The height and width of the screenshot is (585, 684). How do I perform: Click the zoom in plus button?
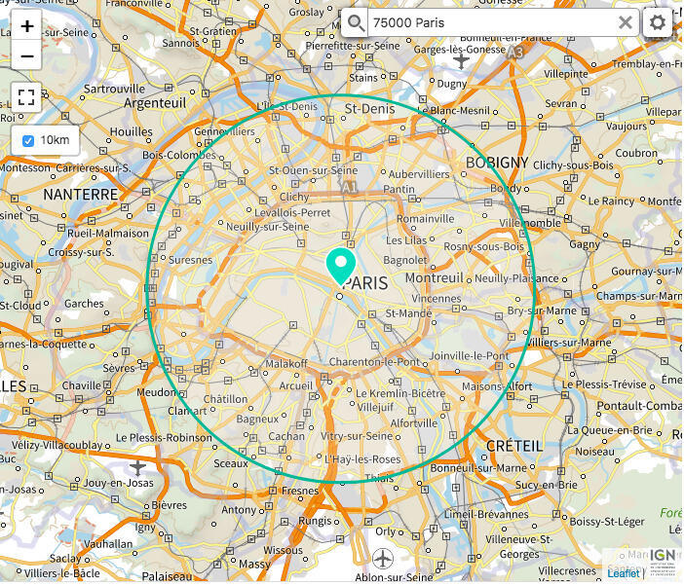click(x=26, y=25)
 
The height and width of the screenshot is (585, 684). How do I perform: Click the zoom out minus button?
click(x=26, y=55)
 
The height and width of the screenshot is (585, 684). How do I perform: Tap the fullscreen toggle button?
click(x=26, y=97)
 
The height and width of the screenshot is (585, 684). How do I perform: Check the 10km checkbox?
click(x=28, y=140)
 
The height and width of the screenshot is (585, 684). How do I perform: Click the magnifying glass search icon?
click(x=357, y=22)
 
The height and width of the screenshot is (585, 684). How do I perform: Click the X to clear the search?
click(x=626, y=22)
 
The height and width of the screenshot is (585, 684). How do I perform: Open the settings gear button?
click(x=659, y=22)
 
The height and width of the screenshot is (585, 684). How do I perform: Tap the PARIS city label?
click(x=365, y=283)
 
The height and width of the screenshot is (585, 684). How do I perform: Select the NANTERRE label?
click(x=80, y=195)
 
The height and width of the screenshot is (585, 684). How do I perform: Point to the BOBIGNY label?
click(x=497, y=163)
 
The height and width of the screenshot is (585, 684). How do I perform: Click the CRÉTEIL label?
click(x=513, y=445)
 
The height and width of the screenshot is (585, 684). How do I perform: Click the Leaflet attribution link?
click(x=624, y=573)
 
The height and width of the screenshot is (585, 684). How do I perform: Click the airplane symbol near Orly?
click(x=383, y=559)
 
